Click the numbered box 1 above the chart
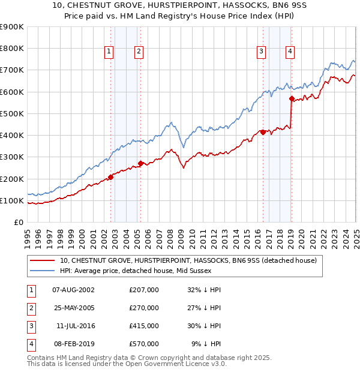(x=109, y=52)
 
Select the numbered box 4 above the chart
(x=290, y=52)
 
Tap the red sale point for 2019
(x=292, y=98)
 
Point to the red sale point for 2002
(x=111, y=177)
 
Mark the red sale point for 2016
(x=263, y=132)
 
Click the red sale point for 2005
(x=141, y=163)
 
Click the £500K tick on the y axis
(x=11, y=113)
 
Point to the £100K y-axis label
(x=11, y=200)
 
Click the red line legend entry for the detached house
(x=192, y=260)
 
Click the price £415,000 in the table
(x=144, y=326)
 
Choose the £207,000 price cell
(x=144, y=290)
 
